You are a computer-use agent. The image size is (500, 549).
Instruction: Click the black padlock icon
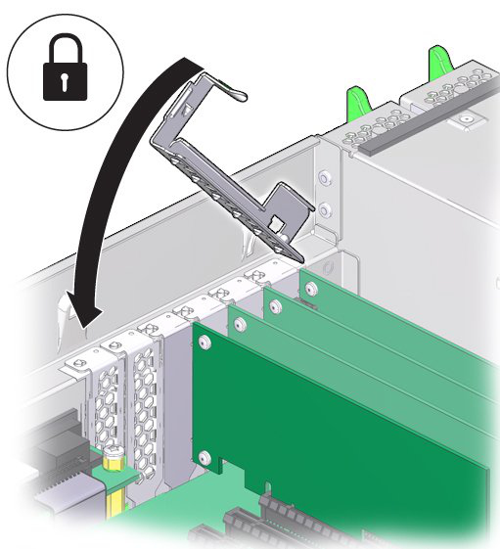[66, 73]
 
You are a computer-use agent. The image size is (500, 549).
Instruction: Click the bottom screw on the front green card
[203, 456]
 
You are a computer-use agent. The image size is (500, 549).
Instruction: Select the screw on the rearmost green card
[310, 289]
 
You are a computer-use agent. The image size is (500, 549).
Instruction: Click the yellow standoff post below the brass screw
[115, 494]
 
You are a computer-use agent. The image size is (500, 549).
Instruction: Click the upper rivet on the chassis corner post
[324, 178]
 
